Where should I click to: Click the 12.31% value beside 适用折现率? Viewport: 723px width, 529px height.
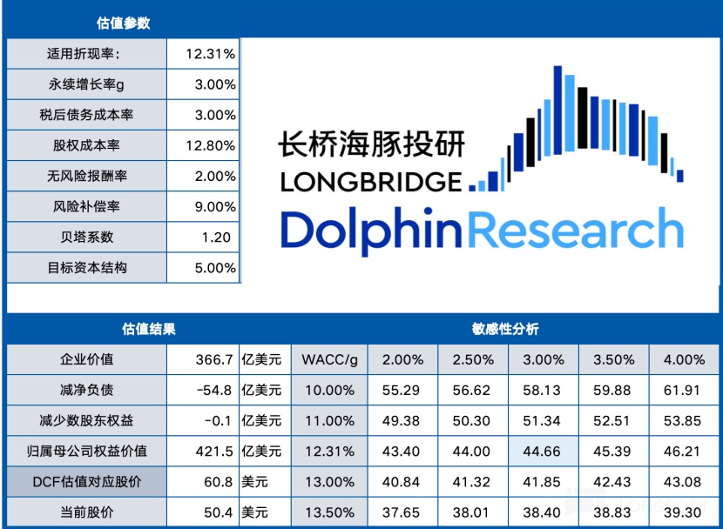pyautogui.click(x=210, y=54)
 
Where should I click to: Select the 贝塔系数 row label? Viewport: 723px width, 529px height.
pyautogui.click(x=87, y=238)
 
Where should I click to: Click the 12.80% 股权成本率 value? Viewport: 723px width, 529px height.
pyautogui.click(x=210, y=145)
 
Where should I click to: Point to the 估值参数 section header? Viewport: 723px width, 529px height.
pyautogui.click(x=123, y=23)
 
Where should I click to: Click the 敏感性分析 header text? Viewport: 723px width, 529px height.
pyautogui.click(x=505, y=329)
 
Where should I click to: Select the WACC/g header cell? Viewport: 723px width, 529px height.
pyautogui.click(x=328, y=359)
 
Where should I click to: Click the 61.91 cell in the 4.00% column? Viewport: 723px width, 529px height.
pyautogui.click(x=684, y=390)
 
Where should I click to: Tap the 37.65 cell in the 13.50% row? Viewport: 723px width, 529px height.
pyautogui.click(x=402, y=512)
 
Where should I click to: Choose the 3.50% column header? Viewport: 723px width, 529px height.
pyautogui.click(x=613, y=359)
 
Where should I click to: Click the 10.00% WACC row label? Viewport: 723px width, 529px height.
pyautogui.click(x=328, y=390)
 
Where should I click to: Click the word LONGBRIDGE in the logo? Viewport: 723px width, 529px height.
pyautogui.click(x=370, y=181)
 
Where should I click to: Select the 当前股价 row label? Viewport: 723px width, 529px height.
pyautogui.click(x=87, y=512)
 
